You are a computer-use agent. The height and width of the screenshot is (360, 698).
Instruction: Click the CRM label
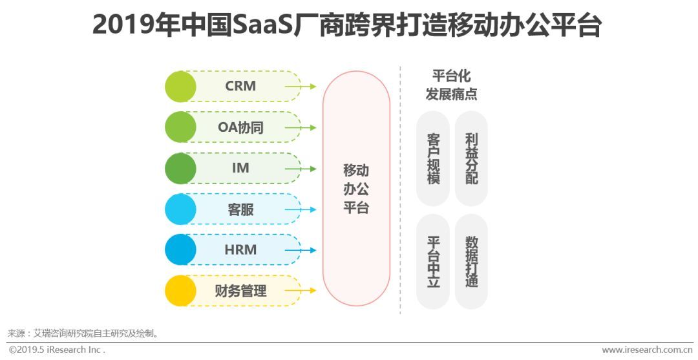click(x=240, y=86)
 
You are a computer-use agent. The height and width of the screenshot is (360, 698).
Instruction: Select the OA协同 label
click(x=240, y=127)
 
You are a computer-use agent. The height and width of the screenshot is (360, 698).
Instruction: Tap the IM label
click(x=240, y=168)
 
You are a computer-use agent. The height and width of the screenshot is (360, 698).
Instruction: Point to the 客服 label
click(x=240, y=209)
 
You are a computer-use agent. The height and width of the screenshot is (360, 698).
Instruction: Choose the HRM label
click(x=240, y=250)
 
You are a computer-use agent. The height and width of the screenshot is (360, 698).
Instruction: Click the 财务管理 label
click(x=240, y=291)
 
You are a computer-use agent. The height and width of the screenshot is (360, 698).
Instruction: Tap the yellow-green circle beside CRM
click(x=180, y=87)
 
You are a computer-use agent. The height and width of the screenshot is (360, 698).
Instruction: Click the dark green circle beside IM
click(x=180, y=169)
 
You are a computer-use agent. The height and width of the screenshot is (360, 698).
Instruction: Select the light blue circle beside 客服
click(x=180, y=209)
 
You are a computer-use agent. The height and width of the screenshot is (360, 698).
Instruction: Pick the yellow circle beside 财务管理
click(x=180, y=291)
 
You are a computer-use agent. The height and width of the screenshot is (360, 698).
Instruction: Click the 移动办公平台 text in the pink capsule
click(x=356, y=189)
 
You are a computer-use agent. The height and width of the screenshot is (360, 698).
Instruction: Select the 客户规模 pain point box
click(x=433, y=158)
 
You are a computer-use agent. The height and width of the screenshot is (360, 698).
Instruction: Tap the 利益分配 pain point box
click(x=471, y=158)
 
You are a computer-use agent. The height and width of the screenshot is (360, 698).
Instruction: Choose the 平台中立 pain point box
click(x=433, y=261)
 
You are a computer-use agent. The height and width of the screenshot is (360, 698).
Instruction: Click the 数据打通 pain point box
click(x=471, y=261)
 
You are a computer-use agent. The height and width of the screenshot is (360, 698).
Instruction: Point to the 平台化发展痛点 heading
click(x=451, y=85)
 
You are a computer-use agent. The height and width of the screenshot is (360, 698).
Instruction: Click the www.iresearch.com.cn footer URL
click(x=647, y=350)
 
